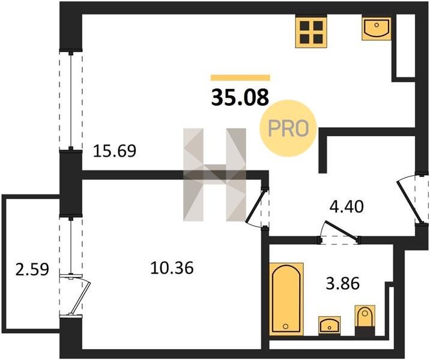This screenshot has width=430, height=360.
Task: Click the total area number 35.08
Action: [x=240, y=98]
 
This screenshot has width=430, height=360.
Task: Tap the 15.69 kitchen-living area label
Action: [x=115, y=151]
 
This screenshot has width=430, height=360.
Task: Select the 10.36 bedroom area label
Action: [x=172, y=268]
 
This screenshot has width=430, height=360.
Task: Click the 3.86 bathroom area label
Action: [x=342, y=283]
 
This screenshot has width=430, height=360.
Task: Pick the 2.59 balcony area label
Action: [x=32, y=269]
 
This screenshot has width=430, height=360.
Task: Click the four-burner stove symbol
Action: [x=311, y=32]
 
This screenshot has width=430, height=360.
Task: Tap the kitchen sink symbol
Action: [x=377, y=29]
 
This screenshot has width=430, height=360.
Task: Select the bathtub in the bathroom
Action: [x=286, y=299]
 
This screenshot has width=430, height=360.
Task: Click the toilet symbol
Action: [x=365, y=320]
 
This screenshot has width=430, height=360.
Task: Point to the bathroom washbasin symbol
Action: [x=329, y=325]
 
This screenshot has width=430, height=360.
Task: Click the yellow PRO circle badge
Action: [x=288, y=128]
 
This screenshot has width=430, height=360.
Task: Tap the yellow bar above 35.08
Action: [x=240, y=78]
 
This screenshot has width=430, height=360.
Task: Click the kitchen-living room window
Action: [x=71, y=101]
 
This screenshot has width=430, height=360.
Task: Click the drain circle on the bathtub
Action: [x=286, y=326]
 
